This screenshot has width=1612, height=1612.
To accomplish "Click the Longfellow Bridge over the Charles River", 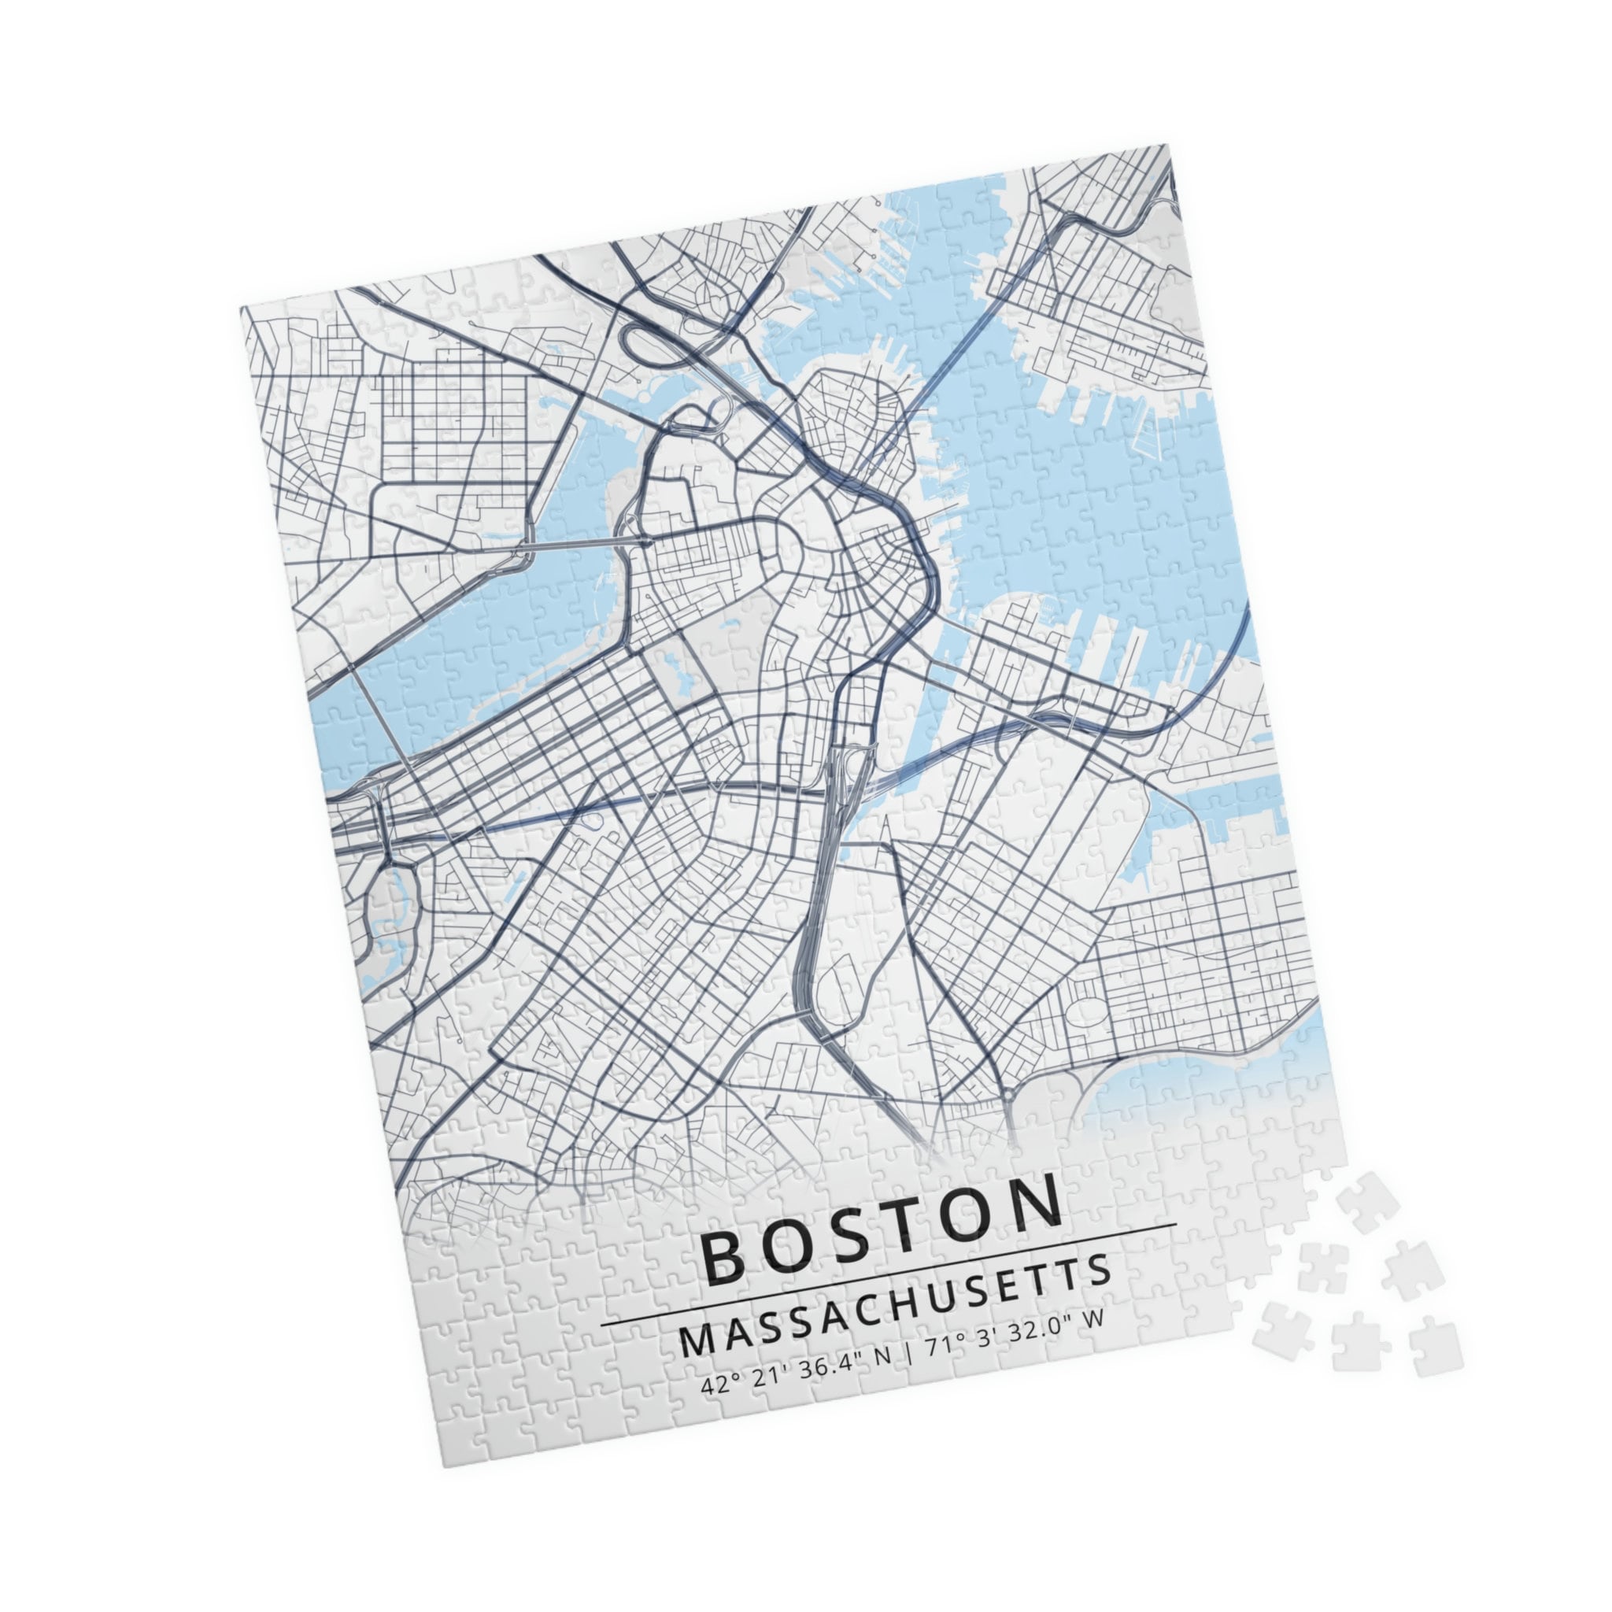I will [584, 543].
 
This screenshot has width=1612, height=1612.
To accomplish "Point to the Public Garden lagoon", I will [675, 667].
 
